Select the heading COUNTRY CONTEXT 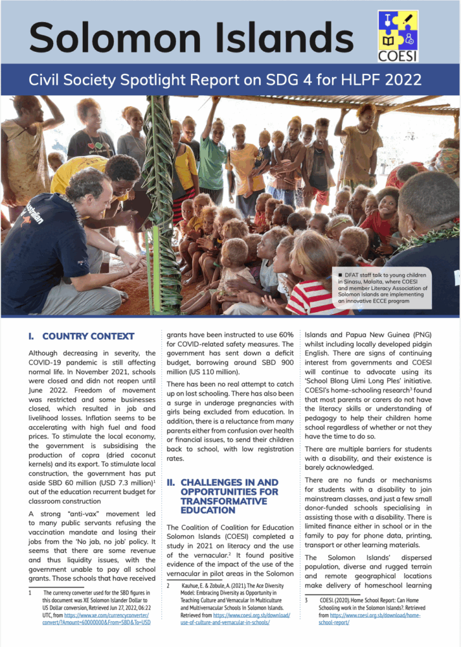(88, 336)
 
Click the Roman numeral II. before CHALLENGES (171, 483)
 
